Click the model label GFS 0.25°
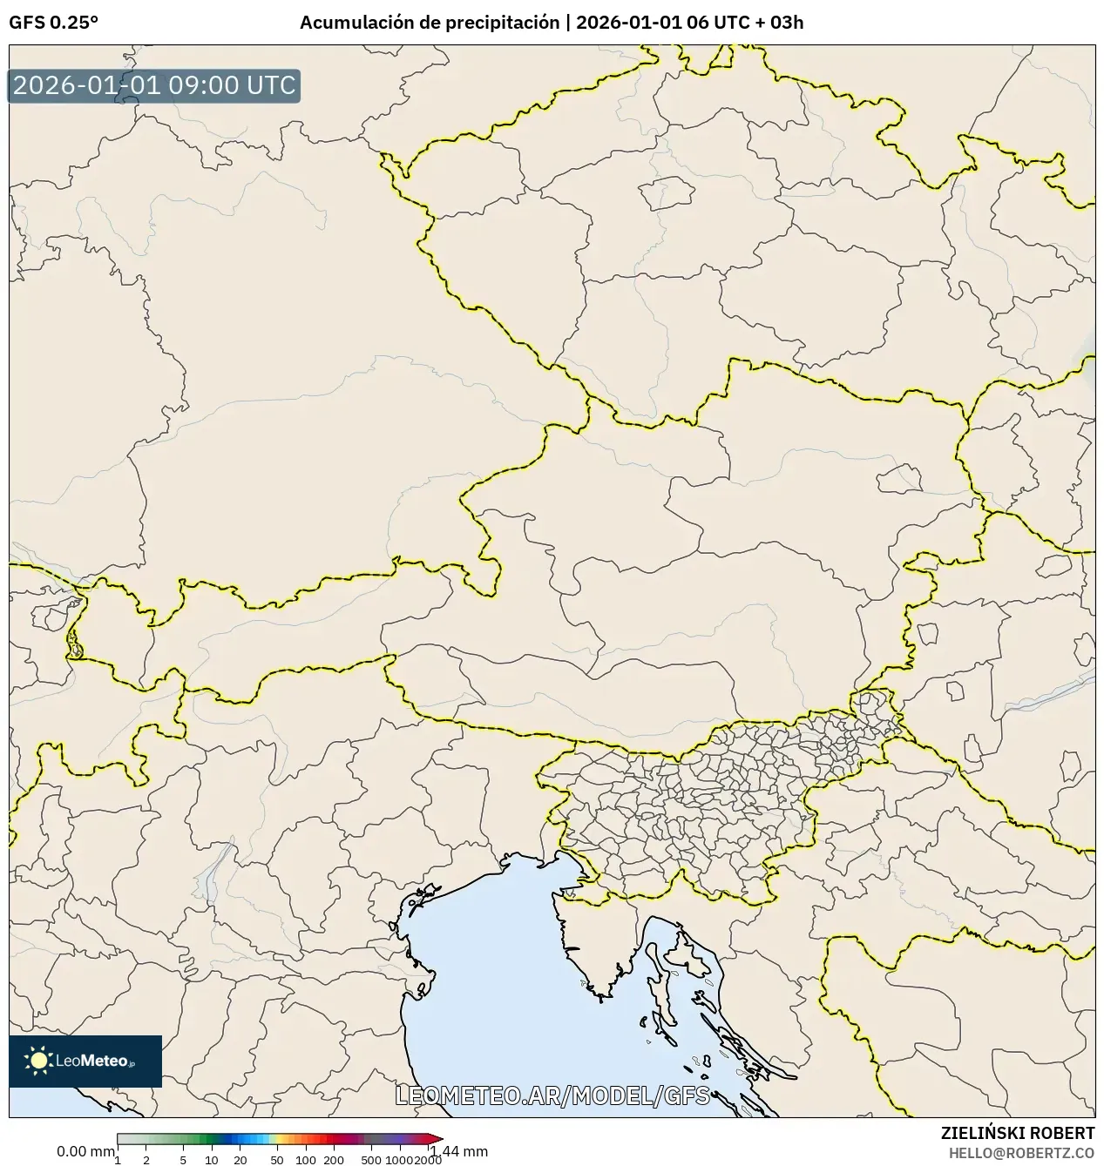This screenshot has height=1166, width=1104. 53,23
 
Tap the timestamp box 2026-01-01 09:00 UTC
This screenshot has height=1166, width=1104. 154,86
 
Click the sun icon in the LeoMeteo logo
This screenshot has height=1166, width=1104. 38,1060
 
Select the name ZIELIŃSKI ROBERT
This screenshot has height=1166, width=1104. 1017,1133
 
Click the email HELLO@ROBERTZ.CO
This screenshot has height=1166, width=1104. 1021,1152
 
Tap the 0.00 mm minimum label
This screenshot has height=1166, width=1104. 85,1151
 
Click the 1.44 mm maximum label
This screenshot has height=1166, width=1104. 459,1151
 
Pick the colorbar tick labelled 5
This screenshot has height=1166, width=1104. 183,1159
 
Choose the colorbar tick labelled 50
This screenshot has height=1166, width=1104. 277,1159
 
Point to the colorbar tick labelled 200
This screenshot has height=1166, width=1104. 334,1159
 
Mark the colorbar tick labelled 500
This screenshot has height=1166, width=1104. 371,1159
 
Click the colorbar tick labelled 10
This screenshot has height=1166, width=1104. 212,1159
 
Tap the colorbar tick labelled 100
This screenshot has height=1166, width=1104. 306,1159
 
